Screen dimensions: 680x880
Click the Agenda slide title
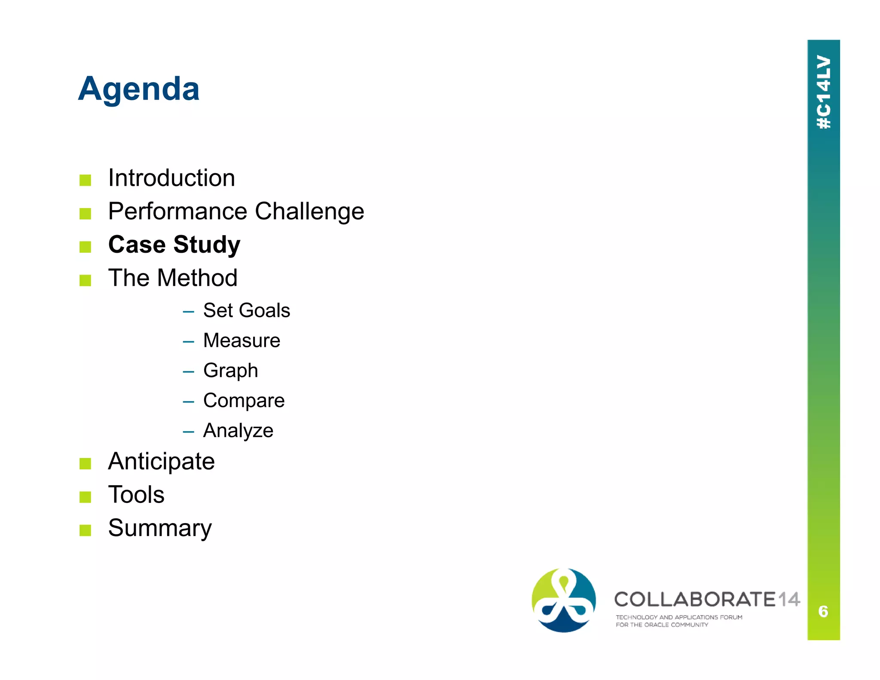(x=138, y=89)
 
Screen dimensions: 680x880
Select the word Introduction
(x=171, y=178)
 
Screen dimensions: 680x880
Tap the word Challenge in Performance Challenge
(x=309, y=211)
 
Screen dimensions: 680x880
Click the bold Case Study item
(x=174, y=245)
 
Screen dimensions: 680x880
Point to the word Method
(x=197, y=278)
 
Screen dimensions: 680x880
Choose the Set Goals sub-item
(x=246, y=310)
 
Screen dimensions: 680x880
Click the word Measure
(x=241, y=340)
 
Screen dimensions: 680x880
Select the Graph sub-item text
(x=230, y=371)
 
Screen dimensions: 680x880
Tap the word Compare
(x=244, y=401)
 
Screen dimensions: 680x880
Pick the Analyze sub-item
(x=238, y=431)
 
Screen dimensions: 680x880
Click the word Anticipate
(x=161, y=462)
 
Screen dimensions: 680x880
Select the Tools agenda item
(x=136, y=495)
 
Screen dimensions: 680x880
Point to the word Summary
(x=160, y=528)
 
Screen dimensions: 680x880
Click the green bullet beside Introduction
(x=85, y=180)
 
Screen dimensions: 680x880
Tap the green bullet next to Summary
(x=85, y=530)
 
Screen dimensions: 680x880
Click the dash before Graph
(x=188, y=371)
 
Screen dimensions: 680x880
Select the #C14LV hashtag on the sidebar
(x=823, y=92)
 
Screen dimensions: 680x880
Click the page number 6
(x=823, y=611)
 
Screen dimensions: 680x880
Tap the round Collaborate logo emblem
(x=563, y=600)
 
